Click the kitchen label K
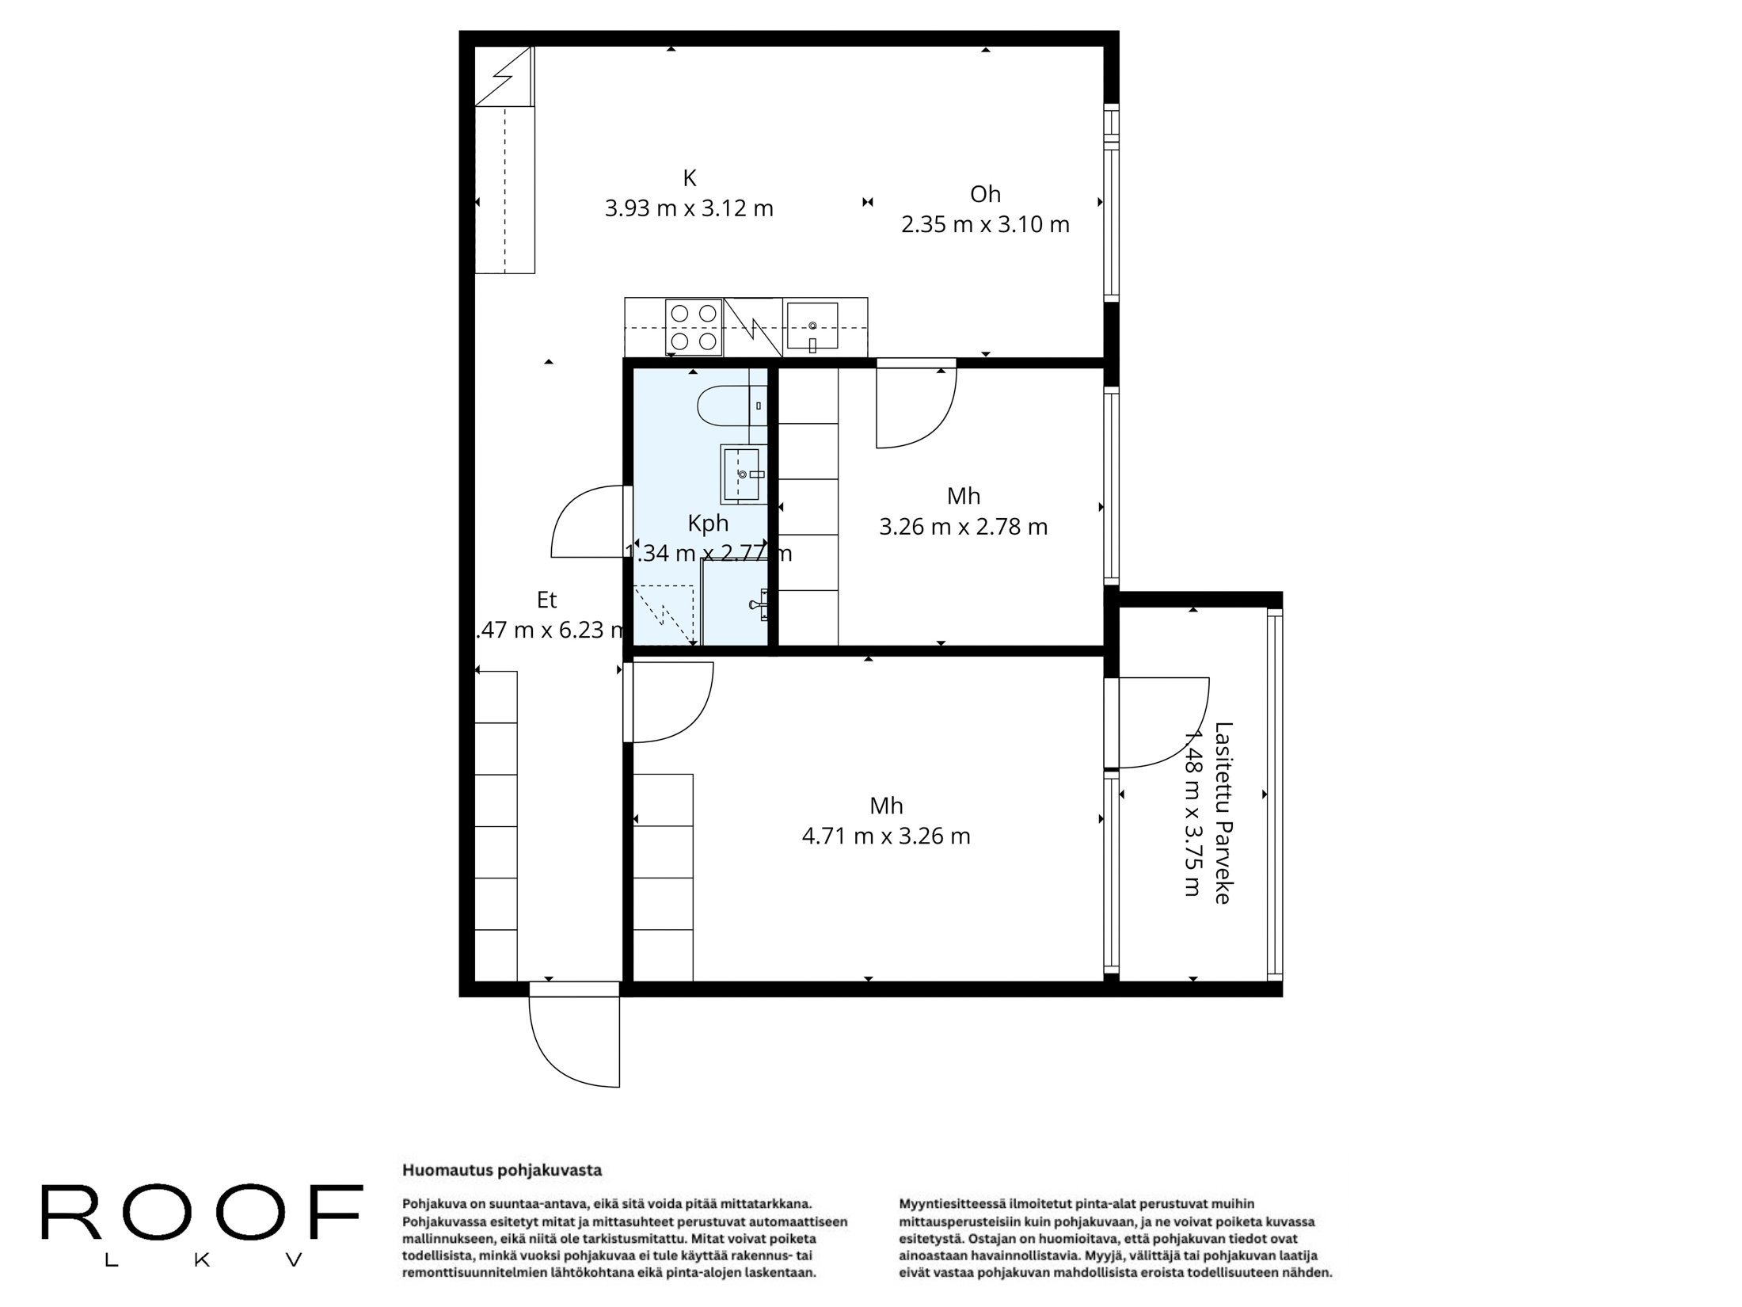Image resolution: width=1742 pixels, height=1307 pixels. pyautogui.click(x=689, y=178)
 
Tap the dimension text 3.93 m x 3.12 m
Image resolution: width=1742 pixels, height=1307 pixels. pyautogui.click(x=689, y=208)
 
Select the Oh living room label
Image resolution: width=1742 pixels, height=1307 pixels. pyautogui.click(x=985, y=194)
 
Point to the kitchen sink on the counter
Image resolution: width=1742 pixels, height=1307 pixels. pyautogui.click(x=812, y=326)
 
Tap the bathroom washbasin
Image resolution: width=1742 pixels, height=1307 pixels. pyautogui.click(x=743, y=474)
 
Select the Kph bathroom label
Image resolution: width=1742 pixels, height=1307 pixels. pyautogui.click(x=707, y=523)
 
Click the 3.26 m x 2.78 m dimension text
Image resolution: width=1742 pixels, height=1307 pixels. pyautogui.click(x=963, y=527)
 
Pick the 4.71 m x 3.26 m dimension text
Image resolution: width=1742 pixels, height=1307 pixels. pyautogui.click(x=885, y=836)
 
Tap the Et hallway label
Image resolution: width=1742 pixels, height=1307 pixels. pyautogui.click(x=546, y=600)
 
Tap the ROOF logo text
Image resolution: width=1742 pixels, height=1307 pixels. pyautogui.click(x=202, y=1214)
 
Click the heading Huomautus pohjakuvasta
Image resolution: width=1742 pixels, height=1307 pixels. pyautogui.click(x=502, y=1170)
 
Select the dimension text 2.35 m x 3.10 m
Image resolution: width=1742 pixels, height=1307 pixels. pyautogui.click(x=985, y=225)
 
